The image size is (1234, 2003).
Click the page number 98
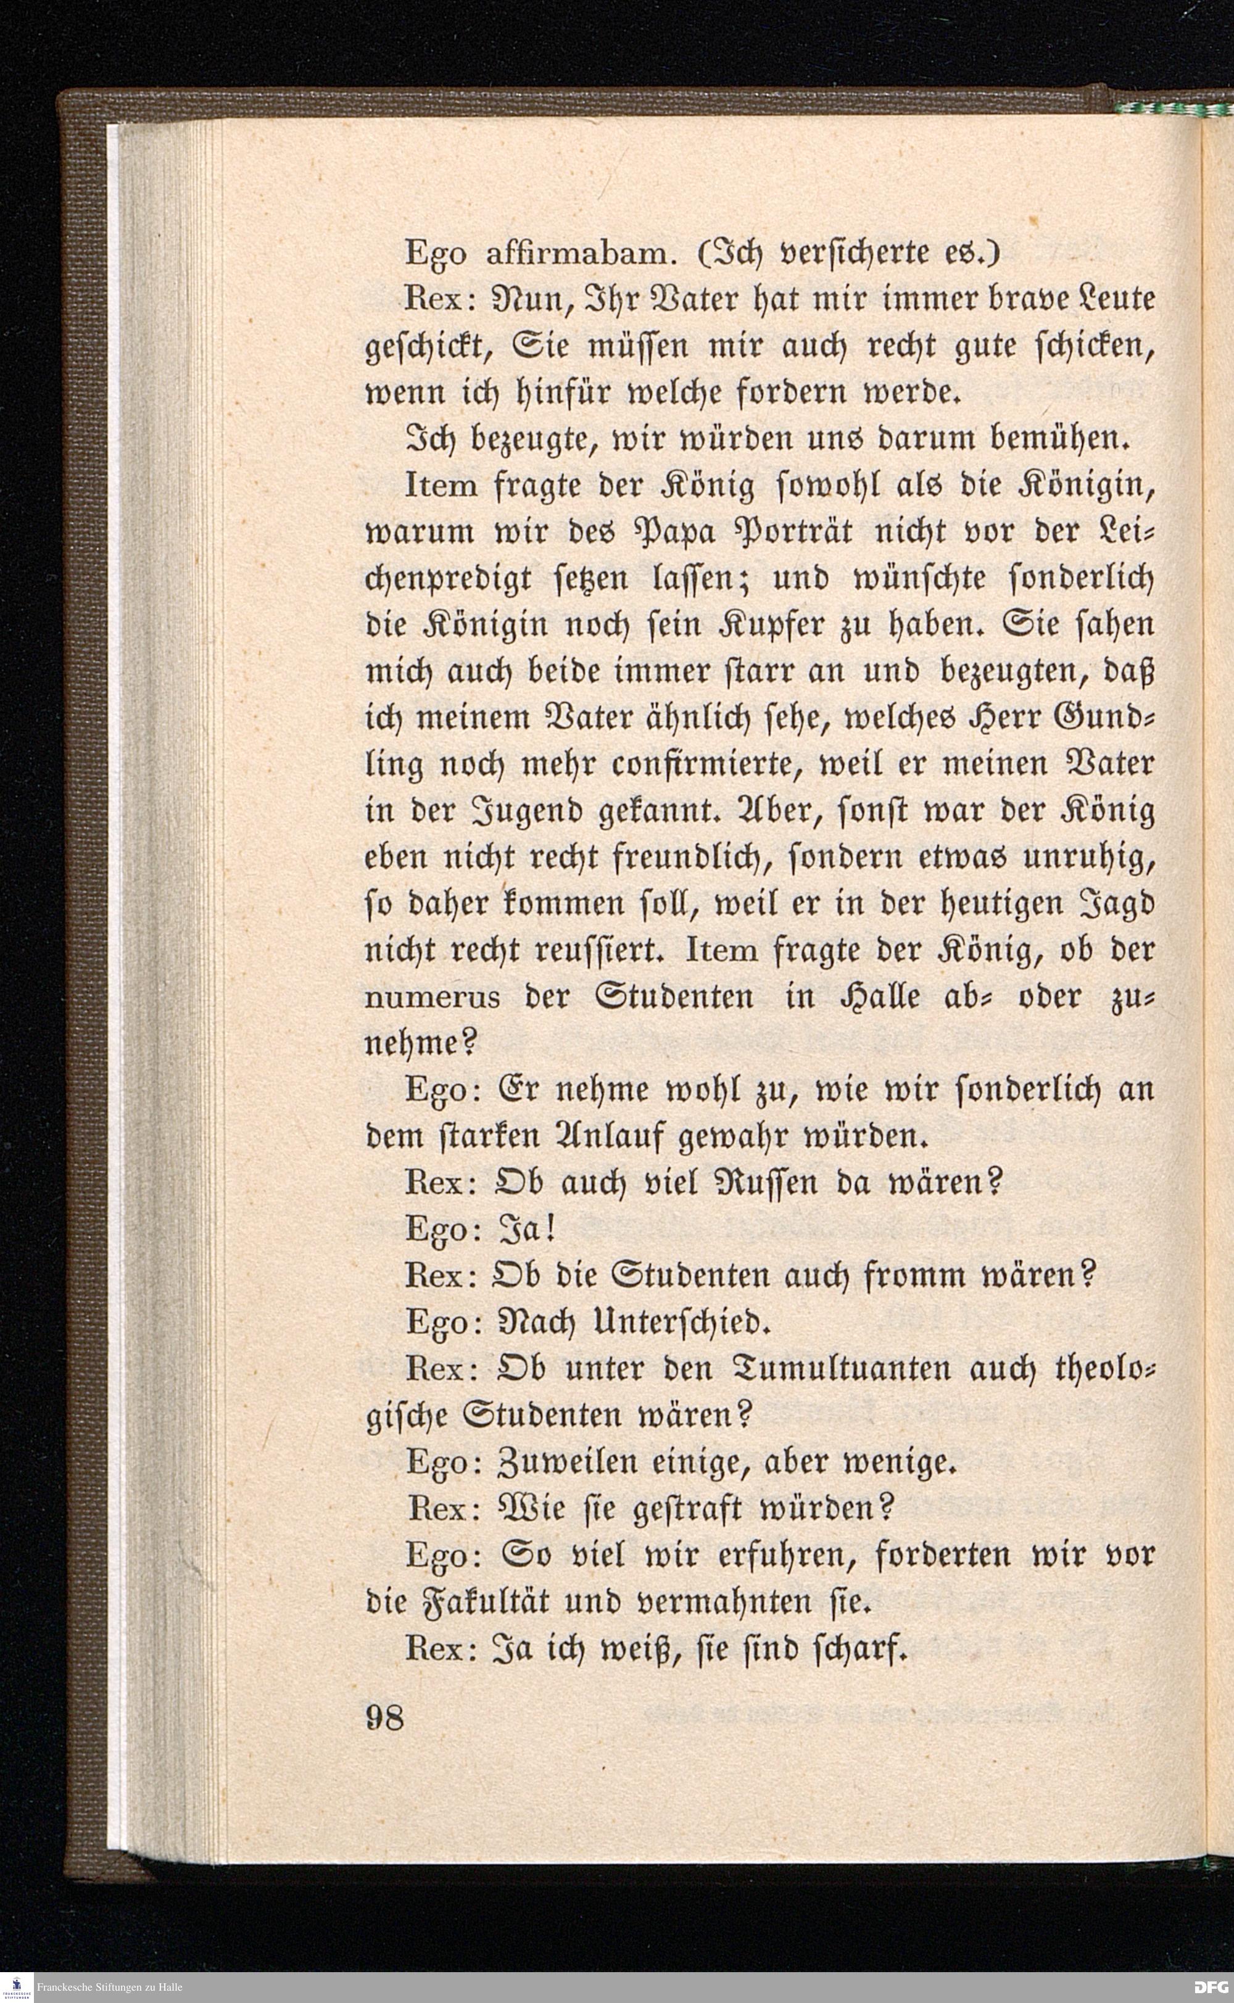tap(384, 1717)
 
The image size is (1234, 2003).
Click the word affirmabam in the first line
tap(579, 255)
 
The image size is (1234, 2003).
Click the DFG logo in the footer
tap(1212, 1988)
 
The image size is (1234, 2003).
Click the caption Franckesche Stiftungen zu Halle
tap(109, 1988)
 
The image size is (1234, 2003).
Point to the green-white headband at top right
tap(1175, 109)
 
